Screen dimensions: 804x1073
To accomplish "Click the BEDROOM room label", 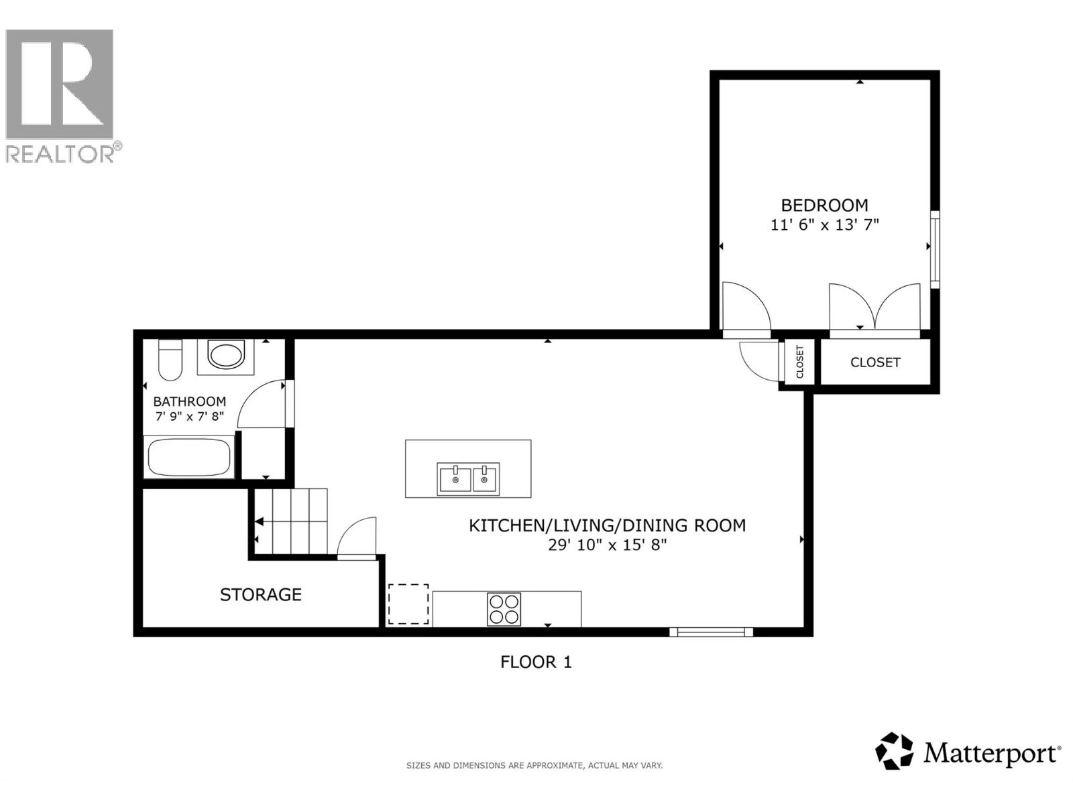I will (x=824, y=205).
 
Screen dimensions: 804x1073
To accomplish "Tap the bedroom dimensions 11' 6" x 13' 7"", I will (x=824, y=225).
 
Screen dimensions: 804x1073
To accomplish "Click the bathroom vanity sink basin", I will (x=226, y=355).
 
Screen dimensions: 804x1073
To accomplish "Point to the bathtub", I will (x=189, y=458).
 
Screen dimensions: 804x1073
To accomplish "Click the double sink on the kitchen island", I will (x=468, y=479).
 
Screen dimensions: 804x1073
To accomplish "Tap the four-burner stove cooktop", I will (x=504, y=609).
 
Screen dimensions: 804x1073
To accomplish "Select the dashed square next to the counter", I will (x=408, y=604).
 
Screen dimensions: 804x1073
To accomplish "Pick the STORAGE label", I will (x=261, y=595).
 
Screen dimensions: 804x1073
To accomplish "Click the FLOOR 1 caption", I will (x=536, y=662).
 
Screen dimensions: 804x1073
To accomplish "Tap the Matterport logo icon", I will (x=894, y=751).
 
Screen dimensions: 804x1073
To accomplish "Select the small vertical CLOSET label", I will (x=799, y=362).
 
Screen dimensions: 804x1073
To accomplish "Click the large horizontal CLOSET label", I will (x=875, y=362).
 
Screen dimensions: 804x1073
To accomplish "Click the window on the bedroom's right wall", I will (x=935, y=249).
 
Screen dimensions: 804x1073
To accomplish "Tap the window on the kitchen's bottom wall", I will (x=711, y=631).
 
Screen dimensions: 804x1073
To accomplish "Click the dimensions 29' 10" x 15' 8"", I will (x=608, y=545).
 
